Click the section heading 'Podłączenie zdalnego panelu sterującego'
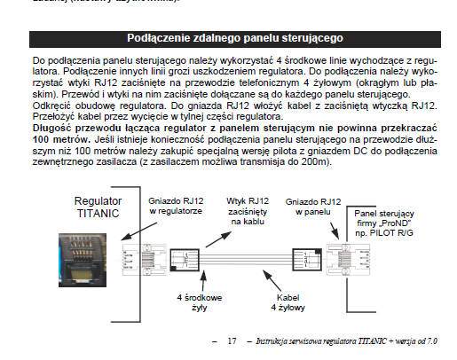(235, 38)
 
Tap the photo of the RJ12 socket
(83, 260)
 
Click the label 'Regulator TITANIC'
(98, 207)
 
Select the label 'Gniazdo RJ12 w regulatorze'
(176, 206)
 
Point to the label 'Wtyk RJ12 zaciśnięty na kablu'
(248, 211)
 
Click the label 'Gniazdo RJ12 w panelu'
(313, 207)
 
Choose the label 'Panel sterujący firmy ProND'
(384, 223)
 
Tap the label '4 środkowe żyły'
(200, 302)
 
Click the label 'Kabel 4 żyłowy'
(288, 302)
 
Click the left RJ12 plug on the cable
(185, 260)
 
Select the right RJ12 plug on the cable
(307, 260)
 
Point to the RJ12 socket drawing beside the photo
(145, 260)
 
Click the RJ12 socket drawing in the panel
(348, 260)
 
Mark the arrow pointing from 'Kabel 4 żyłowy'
(272, 281)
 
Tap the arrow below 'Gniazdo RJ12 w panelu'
(335, 231)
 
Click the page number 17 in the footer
(232, 341)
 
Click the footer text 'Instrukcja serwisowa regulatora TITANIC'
(321, 341)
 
